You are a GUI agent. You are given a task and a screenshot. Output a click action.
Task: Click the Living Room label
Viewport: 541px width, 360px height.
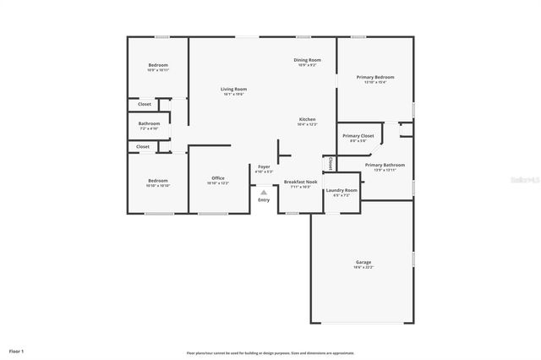(x=233, y=89)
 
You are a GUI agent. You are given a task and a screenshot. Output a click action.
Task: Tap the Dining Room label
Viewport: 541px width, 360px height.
(x=307, y=60)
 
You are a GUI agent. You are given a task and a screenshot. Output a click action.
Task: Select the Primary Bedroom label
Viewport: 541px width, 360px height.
(x=374, y=77)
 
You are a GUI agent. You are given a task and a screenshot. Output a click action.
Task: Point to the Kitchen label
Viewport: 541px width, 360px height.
(x=307, y=120)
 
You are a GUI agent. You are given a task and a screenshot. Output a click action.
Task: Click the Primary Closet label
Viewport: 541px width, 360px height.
(x=358, y=135)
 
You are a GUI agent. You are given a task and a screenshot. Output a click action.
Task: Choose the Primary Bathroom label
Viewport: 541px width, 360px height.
(x=385, y=165)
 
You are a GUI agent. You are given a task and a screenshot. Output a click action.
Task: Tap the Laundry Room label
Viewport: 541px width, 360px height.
(x=342, y=190)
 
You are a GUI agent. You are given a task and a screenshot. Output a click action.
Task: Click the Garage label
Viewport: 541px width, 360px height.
(x=363, y=263)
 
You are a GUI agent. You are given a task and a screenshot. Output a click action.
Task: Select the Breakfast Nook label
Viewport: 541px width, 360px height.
(x=300, y=182)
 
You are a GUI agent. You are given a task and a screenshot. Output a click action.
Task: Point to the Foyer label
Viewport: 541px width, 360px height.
(x=264, y=167)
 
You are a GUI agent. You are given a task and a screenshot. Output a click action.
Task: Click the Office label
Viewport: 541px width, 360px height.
(x=217, y=178)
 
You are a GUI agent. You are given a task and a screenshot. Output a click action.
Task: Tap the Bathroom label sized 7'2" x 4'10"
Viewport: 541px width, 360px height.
(x=149, y=124)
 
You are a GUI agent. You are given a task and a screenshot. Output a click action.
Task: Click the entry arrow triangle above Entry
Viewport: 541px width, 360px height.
(x=264, y=192)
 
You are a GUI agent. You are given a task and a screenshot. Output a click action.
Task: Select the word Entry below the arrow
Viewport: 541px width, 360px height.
(x=264, y=199)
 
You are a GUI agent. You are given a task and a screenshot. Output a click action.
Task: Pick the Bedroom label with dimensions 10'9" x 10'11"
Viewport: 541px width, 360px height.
(x=158, y=66)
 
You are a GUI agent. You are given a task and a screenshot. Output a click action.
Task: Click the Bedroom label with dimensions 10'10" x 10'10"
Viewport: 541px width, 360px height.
(x=158, y=181)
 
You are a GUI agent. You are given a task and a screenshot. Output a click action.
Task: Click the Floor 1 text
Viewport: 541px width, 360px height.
(x=16, y=350)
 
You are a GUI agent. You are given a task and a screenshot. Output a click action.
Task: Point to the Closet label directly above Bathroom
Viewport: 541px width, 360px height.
(x=144, y=104)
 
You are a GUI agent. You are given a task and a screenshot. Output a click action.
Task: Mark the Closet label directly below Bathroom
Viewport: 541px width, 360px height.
(x=143, y=146)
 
